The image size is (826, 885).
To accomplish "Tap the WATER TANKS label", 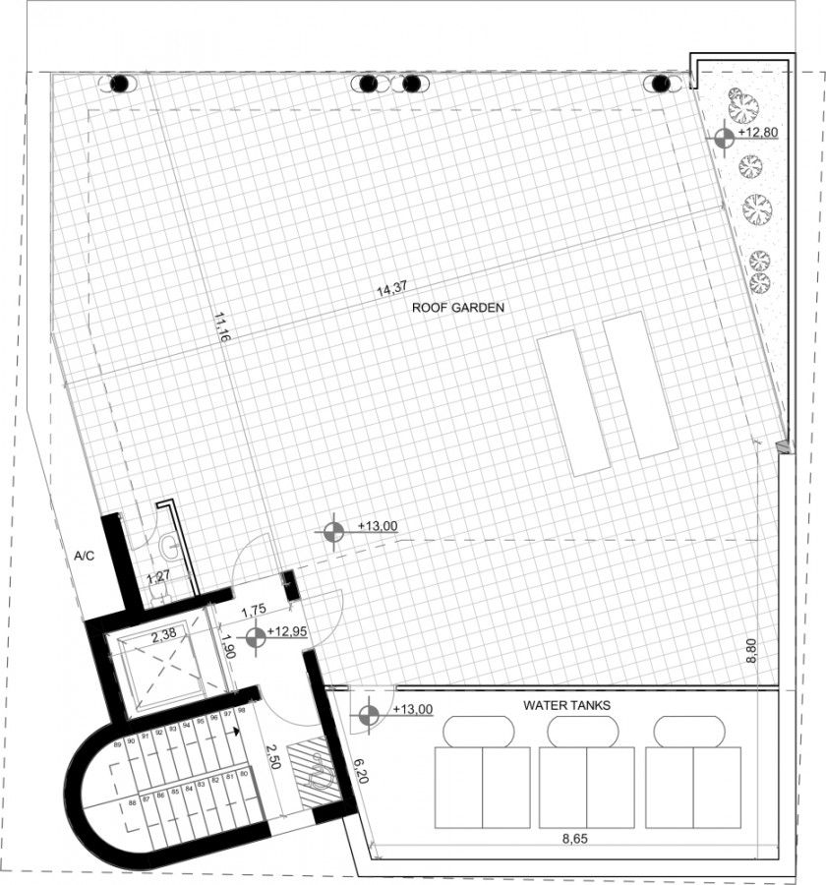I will (x=567, y=705).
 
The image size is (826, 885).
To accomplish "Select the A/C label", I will (x=85, y=556).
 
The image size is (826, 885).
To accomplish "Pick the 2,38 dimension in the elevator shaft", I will (x=163, y=637).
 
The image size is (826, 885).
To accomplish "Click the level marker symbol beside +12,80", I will (x=725, y=138).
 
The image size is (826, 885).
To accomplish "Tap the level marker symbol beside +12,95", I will (x=256, y=639).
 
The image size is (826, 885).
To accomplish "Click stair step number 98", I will (x=240, y=712).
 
